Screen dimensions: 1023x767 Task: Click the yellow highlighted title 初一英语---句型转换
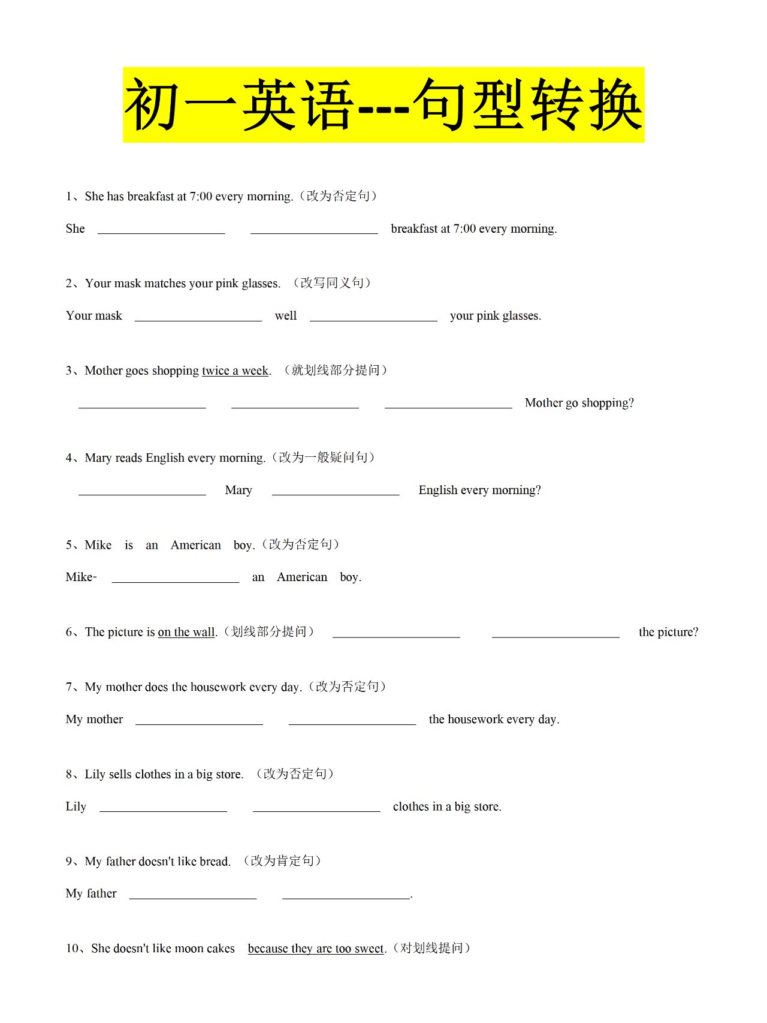[383, 105]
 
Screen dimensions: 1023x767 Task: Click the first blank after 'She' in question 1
[161, 229]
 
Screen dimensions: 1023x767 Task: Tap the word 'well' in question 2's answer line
[286, 316]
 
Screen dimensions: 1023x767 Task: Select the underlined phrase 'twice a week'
[235, 371]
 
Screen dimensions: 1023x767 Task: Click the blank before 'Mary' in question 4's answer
[142, 491]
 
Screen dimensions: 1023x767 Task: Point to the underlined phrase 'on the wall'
[186, 632]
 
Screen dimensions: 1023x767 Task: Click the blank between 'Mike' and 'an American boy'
[176, 577]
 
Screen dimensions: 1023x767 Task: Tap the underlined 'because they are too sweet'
[316, 949]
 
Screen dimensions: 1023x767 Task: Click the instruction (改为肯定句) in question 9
[282, 861]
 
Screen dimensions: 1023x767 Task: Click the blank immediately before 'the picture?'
[555, 633]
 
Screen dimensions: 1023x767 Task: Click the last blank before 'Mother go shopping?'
[448, 404]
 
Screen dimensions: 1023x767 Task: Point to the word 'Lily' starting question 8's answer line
[76, 807]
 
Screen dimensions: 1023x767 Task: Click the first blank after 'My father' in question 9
[193, 894]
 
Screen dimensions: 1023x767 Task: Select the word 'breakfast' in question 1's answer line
[414, 229]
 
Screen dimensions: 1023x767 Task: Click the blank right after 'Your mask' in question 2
[198, 316]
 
